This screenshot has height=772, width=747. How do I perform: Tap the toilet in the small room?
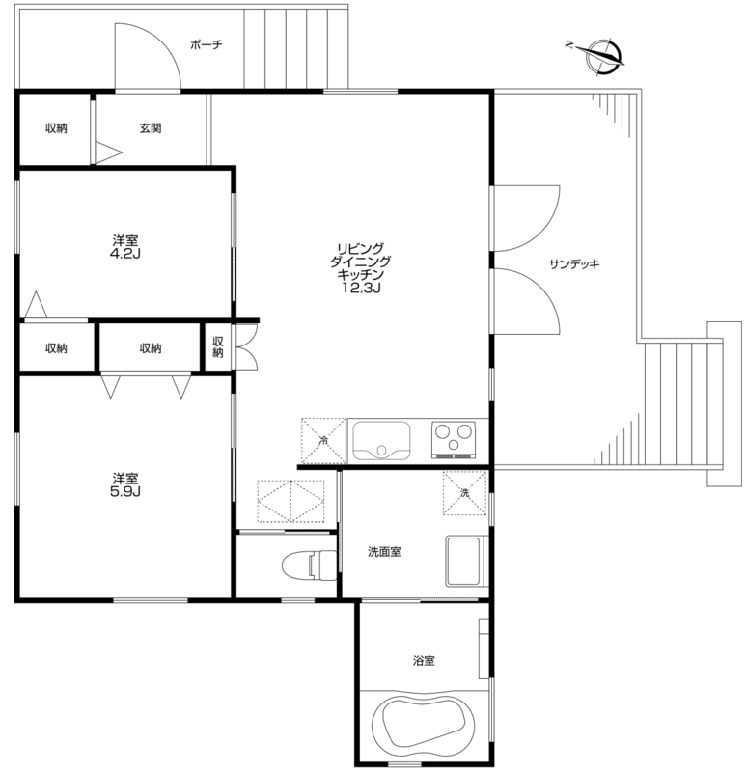pos(309,565)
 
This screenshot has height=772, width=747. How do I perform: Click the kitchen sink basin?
pos(381,441)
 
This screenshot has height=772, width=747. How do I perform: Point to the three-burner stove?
pos(454,440)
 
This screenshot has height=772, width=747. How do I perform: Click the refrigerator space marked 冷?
pos(323,441)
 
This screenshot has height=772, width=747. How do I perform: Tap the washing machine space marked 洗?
pos(465,493)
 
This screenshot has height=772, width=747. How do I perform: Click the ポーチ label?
pos(207,44)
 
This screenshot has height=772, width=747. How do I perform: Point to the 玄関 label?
pos(151,128)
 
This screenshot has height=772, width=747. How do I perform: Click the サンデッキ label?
pos(574,264)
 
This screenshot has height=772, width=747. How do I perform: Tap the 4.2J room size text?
pos(125,254)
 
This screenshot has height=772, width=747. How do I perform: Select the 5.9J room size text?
pos(125,491)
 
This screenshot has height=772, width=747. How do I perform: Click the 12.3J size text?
pos(361,288)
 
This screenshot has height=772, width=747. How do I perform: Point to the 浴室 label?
pos(424,661)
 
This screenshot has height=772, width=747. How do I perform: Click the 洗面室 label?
pos(384,552)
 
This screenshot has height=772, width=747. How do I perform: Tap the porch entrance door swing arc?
pos(162,45)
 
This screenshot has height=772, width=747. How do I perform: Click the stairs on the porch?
pos(296,47)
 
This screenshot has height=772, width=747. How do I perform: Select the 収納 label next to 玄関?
pos(56,128)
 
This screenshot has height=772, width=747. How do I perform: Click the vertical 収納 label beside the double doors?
pos(218,347)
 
